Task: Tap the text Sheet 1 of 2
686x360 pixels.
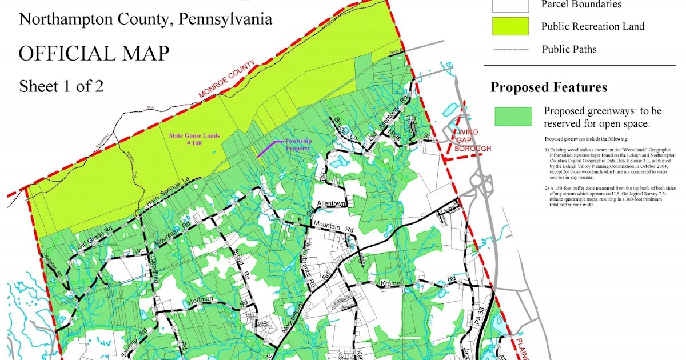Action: click(x=61, y=86)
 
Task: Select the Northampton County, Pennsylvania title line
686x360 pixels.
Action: click(x=146, y=20)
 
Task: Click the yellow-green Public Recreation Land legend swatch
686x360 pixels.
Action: click(x=510, y=26)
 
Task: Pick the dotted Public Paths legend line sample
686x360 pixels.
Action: click(x=510, y=50)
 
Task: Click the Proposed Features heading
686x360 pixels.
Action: click(x=549, y=87)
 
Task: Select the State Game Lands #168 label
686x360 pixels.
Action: click(x=194, y=139)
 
